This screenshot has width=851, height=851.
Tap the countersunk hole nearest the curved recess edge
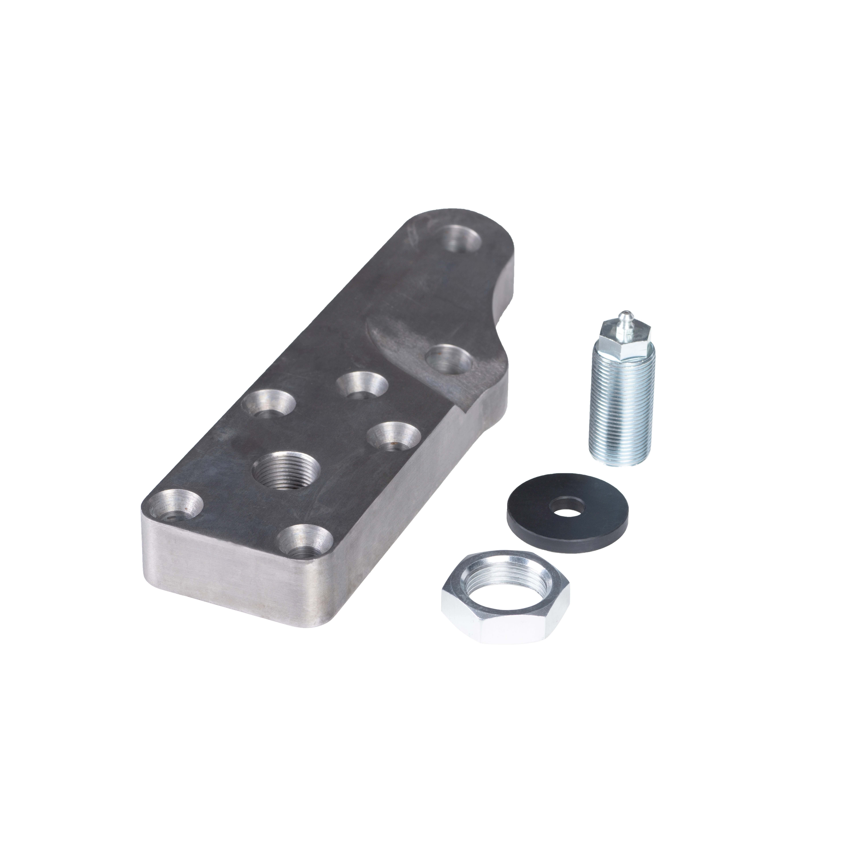tap(362, 384)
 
